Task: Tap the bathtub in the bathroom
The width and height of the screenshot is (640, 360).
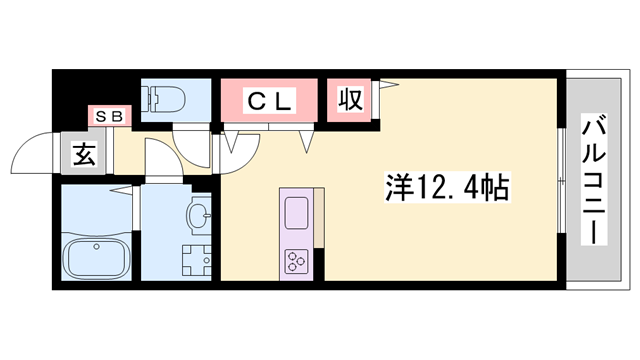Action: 97,257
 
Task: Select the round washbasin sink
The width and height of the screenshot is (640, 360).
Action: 198,214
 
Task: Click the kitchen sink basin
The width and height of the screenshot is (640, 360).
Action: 298,213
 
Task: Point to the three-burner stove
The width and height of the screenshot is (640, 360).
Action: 298,261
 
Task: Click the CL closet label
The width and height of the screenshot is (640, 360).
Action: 269,100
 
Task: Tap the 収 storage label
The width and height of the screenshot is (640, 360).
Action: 350,100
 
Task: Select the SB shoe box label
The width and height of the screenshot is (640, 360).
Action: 109,116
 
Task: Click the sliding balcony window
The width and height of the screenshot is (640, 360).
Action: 561,185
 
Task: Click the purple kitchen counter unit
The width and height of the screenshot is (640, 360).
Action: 298,236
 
